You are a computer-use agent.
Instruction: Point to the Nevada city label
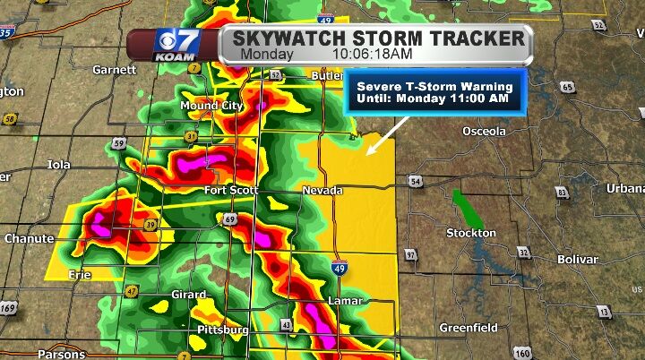click(322, 192)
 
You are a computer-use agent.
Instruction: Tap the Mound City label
click(211, 106)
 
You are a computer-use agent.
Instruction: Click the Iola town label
click(59, 165)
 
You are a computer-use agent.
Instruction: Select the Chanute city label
click(29, 239)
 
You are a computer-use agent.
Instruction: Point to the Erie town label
click(80, 275)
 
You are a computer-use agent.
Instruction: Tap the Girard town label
click(189, 294)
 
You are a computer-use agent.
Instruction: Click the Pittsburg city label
click(222, 330)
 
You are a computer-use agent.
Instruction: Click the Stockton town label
click(471, 233)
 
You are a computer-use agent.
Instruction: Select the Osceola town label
click(484, 132)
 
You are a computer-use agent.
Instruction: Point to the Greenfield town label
click(468, 328)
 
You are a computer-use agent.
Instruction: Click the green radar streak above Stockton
click(467, 209)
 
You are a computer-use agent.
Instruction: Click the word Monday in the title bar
click(268, 54)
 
